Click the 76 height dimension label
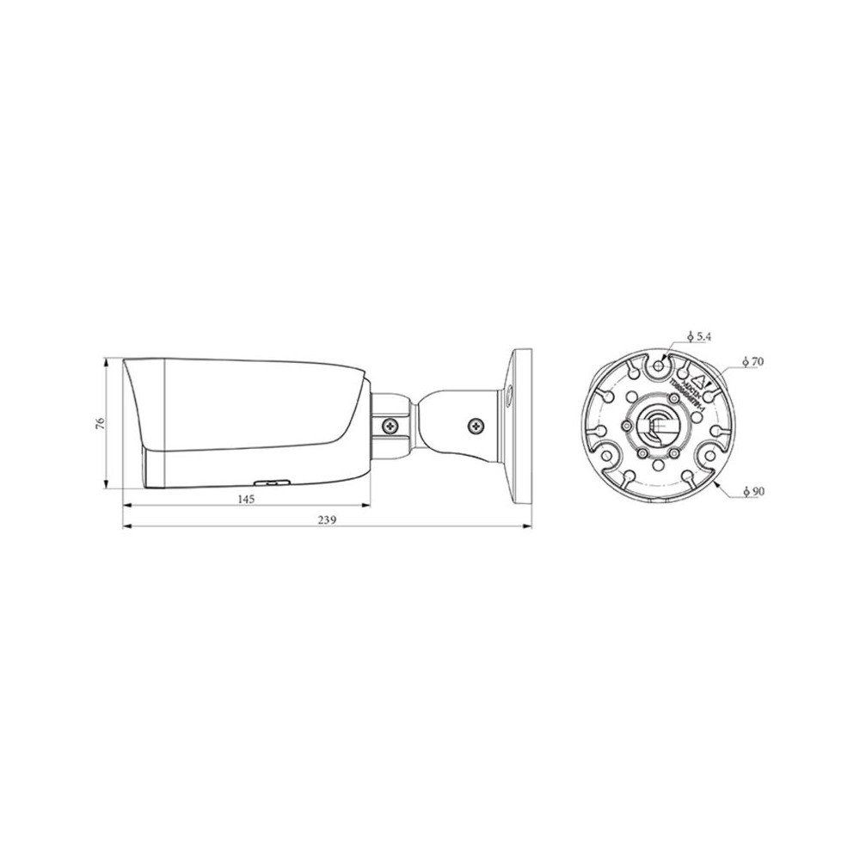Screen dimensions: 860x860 click(x=100, y=422)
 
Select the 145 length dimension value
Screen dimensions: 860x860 click(x=246, y=499)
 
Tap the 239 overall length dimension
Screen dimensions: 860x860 click(x=327, y=520)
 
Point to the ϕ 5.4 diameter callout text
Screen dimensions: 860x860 click(x=699, y=337)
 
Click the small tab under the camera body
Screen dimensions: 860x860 click(x=269, y=484)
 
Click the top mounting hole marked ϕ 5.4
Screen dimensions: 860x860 click(x=659, y=365)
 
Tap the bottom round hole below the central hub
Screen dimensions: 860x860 click(x=658, y=464)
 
